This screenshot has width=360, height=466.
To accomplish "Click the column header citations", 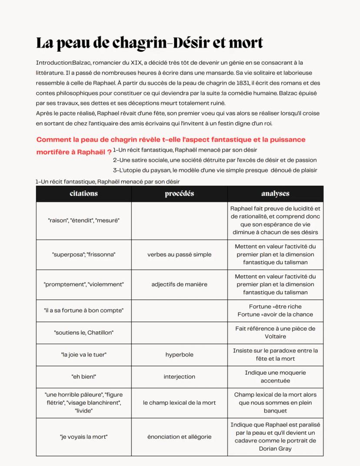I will click(83, 193).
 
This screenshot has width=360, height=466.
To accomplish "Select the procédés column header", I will click(179, 193).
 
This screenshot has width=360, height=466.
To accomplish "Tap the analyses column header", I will click(275, 193).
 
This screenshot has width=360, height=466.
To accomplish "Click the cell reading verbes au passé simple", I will click(179, 254).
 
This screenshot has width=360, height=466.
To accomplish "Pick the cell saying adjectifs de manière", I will click(179, 284).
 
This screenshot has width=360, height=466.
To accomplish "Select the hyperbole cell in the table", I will click(179, 355).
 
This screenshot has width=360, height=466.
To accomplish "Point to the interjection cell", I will click(179, 376).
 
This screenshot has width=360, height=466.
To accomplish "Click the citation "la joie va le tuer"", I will click(83, 355).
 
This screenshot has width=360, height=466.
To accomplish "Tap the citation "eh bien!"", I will click(83, 376).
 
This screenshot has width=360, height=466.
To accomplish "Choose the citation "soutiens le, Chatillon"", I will click(83, 333).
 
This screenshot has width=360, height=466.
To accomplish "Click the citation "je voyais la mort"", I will click(83, 436).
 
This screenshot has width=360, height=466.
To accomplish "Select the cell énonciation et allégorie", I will click(179, 436).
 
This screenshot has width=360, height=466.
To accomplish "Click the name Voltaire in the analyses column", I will click(275, 336).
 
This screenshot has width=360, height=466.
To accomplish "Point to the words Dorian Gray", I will click(275, 449).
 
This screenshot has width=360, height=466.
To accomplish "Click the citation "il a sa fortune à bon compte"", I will click(83, 310).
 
